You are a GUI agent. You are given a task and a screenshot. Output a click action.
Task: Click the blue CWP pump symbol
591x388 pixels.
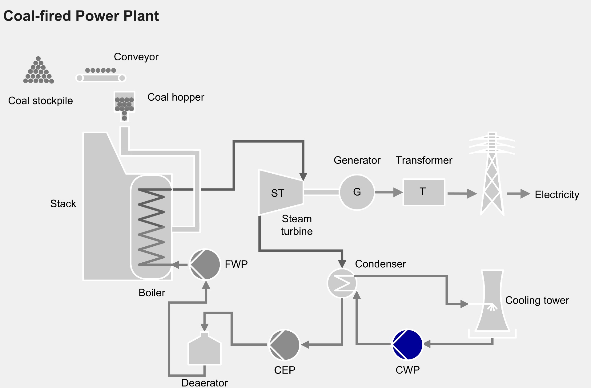tap(408, 345)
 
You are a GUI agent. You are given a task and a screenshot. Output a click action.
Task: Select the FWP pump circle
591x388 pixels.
tap(205, 265)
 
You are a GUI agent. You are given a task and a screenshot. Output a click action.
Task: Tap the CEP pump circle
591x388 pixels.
tap(284, 345)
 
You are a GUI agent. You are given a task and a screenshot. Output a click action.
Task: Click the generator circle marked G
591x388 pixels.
tap(357, 192)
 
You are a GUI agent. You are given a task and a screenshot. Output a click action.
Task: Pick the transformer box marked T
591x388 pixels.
tap(424, 192)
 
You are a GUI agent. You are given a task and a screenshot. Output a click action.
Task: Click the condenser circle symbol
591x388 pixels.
tap(342, 283)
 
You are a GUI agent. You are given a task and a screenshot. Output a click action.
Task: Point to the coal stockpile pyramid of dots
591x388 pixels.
tap(38, 71)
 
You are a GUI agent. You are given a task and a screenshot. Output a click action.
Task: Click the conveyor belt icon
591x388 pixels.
tap(101, 75)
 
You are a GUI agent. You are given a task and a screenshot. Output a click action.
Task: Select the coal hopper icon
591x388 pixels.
tap(124, 105)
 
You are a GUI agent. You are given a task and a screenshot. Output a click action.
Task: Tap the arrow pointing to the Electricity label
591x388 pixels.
tap(518, 194)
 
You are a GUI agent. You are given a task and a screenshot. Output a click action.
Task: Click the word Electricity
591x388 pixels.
tap(557, 195)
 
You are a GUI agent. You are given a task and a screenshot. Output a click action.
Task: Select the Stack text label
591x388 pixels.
tap(63, 204)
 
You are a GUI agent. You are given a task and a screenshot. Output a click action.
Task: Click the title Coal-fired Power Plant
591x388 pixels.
tap(81, 16)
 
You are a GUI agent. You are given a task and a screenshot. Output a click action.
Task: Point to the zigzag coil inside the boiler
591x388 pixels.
tap(151, 226)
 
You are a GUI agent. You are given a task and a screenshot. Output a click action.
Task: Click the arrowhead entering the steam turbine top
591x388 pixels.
tap(303, 176)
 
